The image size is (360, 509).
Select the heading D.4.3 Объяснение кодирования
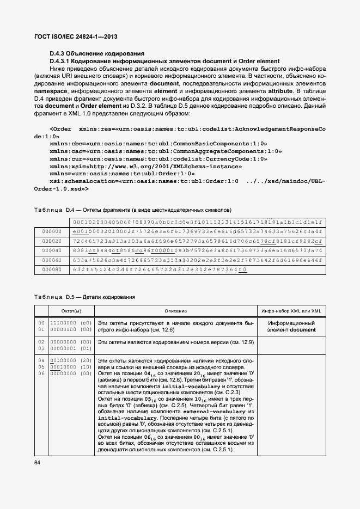97,54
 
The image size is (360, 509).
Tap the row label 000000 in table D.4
51,231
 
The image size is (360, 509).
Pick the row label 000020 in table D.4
51,241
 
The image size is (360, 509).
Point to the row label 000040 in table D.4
51,250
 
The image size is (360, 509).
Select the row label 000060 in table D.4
51,260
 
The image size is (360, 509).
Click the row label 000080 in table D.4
51,269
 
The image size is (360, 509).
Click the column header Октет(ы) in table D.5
71,311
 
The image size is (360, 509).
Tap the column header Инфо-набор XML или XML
291,311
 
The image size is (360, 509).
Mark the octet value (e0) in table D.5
86,323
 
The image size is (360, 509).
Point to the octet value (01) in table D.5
86,348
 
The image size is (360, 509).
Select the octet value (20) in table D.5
86,361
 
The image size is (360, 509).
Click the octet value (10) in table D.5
86,367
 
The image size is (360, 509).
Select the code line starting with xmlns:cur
158,158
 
